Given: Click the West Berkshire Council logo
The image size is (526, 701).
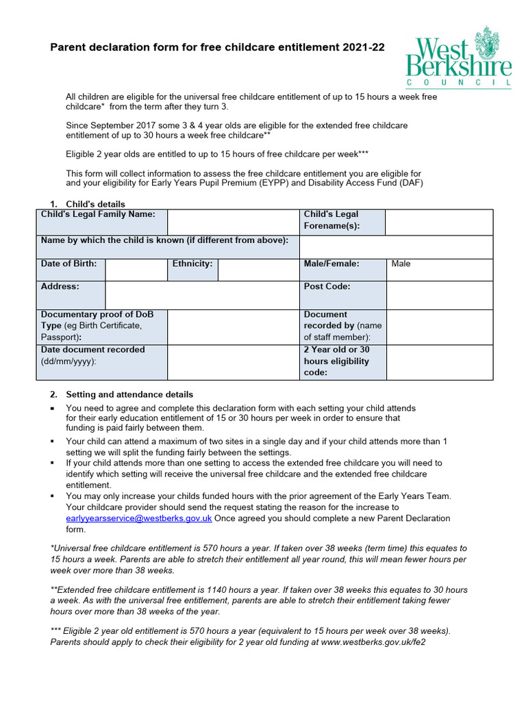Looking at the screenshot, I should pyautogui.click(x=458, y=58).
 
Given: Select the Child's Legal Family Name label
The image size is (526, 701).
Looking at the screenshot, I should pyautogui.click(x=98, y=214).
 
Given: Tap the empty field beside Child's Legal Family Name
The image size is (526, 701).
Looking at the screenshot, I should pyautogui.click(x=233, y=222).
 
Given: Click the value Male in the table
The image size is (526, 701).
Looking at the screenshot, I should pyautogui.click(x=401, y=264).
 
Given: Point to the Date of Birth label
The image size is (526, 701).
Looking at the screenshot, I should pyautogui.click(x=68, y=264).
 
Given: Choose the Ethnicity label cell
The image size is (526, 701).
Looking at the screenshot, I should pyautogui.click(x=192, y=264).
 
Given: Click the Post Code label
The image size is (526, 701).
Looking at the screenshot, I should pyautogui.click(x=327, y=287).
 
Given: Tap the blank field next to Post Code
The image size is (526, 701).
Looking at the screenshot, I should pyautogui.click(x=439, y=294).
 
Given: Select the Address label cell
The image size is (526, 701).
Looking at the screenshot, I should pyautogui.click(x=60, y=287).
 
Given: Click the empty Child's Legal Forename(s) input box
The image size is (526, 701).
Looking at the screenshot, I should pyautogui.click(x=439, y=222).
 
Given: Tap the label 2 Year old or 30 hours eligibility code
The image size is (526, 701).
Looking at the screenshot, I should pyautogui.click(x=336, y=361).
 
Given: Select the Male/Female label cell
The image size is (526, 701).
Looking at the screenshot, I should pyautogui.click(x=331, y=264).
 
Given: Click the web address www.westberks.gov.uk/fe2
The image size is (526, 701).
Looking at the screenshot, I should pyautogui.click(x=373, y=642).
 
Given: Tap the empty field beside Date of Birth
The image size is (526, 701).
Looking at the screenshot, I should pyautogui.click(x=136, y=270).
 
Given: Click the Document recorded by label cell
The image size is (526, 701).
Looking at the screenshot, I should pyautogui.click(x=342, y=326).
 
